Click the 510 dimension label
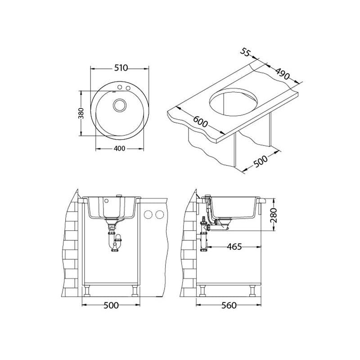[x=121, y=68]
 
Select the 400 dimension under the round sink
[x=119, y=148]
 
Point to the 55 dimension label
[x=245, y=53]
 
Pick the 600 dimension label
[x=200, y=121]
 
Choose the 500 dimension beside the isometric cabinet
[x=261, y=162]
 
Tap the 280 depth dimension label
[x=274, y=216]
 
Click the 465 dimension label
[x=234, y=247]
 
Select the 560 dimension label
[x=229, y=305]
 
